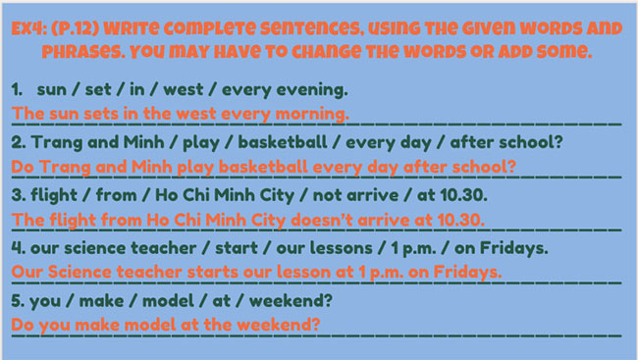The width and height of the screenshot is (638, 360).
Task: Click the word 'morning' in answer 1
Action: point(312,114)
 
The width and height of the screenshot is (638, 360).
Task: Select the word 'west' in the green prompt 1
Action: point(184,89)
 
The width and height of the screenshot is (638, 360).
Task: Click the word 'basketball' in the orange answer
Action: point(263,167)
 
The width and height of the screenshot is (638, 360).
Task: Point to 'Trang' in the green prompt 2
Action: point(57,143)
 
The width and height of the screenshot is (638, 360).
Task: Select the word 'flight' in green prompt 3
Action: point(54,195)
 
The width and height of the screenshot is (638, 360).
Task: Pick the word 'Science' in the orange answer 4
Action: point(80,272)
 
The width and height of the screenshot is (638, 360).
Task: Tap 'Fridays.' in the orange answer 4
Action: point(467,273)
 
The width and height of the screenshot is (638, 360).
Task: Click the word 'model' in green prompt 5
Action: point(168,301)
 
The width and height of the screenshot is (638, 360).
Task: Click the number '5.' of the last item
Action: point(18,301)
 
